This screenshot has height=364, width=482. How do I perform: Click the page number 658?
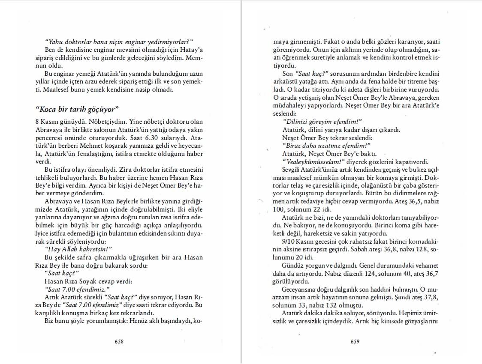point(119,341)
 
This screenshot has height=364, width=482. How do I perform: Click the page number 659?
point(355,341)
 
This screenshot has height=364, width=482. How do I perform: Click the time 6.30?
point(152,138)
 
